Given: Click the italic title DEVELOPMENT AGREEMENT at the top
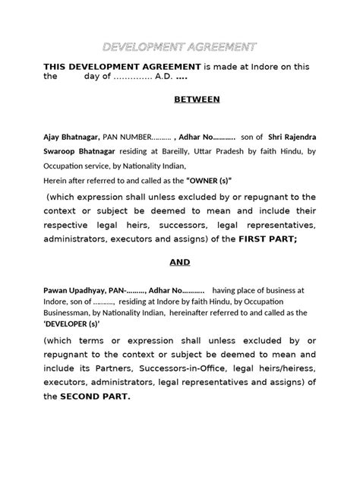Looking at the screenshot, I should tap(179, 47).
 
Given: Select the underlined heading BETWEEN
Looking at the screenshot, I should tap(197, 99).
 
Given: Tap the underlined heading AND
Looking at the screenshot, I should tap(179, 262).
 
